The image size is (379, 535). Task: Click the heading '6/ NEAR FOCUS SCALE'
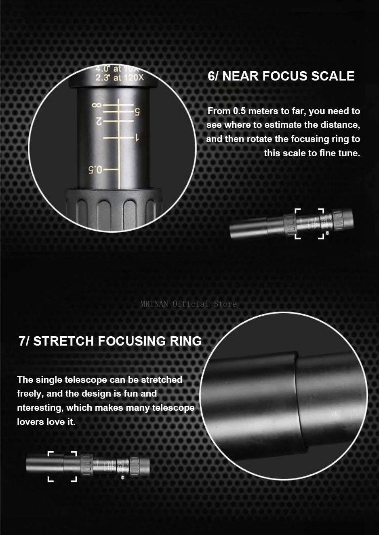pos(281,76)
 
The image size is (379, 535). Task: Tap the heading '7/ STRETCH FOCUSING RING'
pos(110,341)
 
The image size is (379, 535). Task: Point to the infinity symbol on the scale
pos(96,105)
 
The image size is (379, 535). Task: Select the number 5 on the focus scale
pos(137,112)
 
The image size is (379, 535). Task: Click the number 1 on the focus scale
pos(137,138)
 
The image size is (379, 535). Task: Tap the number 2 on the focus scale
pos(98,121)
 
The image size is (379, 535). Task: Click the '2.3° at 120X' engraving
pos(119,77)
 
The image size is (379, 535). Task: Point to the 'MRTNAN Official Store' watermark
pos(188,304)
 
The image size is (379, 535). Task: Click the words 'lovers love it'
pos(46,422)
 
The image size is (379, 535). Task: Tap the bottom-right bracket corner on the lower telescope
pos(75,479)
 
